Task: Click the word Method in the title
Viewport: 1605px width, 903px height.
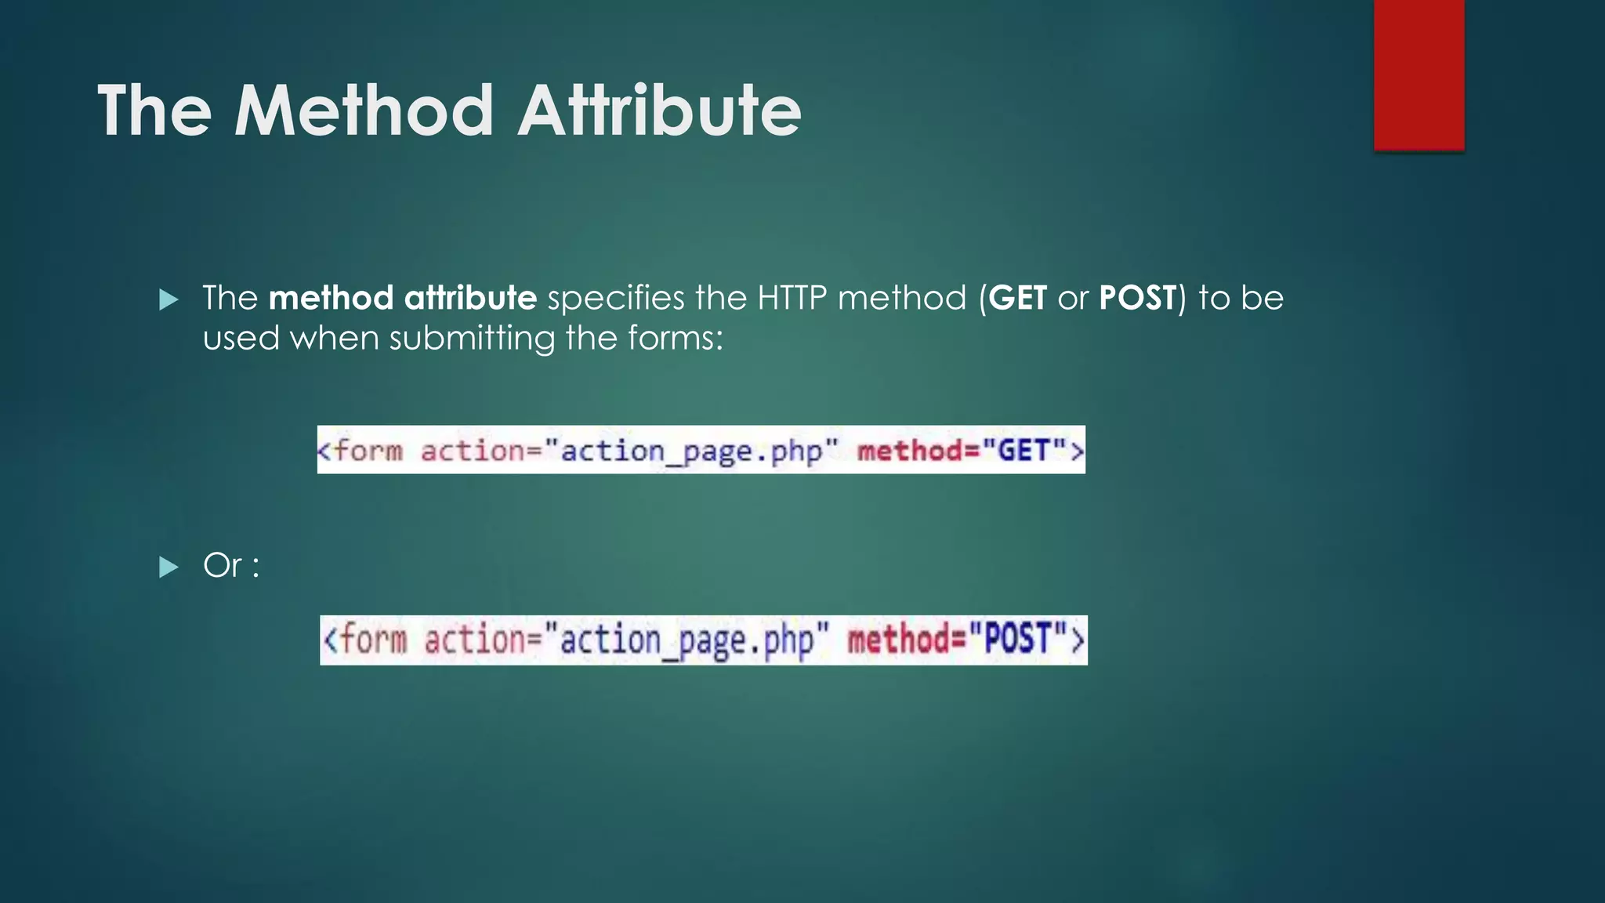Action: (x=364, y=111)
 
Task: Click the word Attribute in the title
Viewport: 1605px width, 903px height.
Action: (x=659, y=111)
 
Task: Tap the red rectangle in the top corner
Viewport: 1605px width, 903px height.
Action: (x=1418, y=74)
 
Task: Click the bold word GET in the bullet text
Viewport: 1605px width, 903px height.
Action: (x=1017, y=299)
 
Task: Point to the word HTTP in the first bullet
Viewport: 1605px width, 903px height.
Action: (x=792, y=299)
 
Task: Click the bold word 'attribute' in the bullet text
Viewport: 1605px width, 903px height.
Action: (x=470, y=299)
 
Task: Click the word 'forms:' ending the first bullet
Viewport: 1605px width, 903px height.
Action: (x=675, y=338)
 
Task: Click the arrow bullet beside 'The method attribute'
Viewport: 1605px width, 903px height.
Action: (x=168, y=299)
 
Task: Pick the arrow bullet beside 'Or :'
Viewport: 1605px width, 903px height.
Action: (x=168, y=567)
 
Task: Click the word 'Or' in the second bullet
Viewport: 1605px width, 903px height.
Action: (x=223, y=565)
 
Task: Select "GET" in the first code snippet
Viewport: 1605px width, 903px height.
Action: (x=1023, y=451)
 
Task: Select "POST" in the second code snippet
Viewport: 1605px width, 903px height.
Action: (x=1017, y=639)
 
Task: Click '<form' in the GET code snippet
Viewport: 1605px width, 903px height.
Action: (x=360, y=451)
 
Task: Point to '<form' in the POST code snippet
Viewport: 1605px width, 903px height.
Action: (x=365, y=639)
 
